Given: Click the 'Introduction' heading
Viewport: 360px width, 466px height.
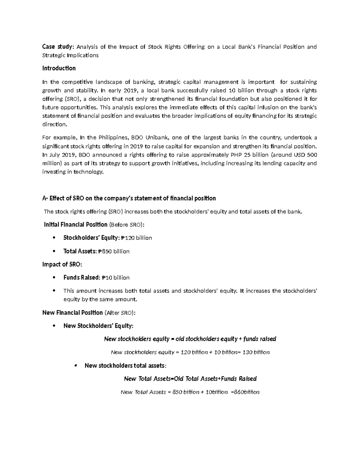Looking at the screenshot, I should tap(59, 68).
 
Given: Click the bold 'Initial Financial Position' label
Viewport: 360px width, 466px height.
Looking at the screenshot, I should tap(76, 225).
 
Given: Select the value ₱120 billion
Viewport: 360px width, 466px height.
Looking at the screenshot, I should tap(136, 238).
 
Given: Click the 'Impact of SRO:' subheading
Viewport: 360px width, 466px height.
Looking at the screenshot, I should tap(62, 265).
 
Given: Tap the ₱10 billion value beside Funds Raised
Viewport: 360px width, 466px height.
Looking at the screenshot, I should tap(115, 278).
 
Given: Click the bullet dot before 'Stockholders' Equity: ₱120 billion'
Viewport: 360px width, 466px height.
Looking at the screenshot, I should tap(54, 238).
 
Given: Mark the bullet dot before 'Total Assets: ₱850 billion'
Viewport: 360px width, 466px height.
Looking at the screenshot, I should tap(54, 251).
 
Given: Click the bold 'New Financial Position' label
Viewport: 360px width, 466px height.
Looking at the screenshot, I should tap(73, 313).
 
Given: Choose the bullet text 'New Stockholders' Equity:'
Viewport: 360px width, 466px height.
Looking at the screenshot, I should tap(98, 326).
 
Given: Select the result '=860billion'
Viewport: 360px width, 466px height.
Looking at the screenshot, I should tap(245, 392).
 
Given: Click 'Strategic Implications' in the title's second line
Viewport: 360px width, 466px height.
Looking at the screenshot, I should tap(70, 56).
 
